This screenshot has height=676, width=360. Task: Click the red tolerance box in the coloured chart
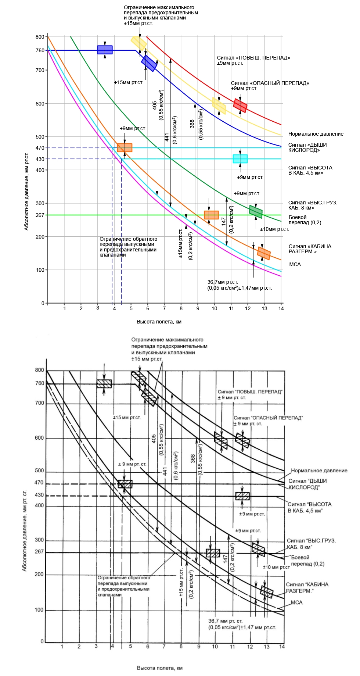(x=240, y=105)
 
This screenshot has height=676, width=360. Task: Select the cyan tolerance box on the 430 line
(x=240, y=159)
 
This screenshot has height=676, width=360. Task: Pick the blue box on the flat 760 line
(x=105, y=50)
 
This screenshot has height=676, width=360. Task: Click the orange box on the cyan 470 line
(x=125, y=148)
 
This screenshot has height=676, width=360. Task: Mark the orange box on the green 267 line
(x=211, y=215)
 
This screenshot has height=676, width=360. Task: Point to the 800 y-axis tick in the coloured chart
(x=40, y=37)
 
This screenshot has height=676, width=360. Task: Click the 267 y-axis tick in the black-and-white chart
(x=39, y=551)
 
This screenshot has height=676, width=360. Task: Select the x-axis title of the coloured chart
(x=159, y=322)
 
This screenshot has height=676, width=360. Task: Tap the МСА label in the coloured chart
(x=295, y=264)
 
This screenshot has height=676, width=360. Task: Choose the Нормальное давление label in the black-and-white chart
(x=319, y=471)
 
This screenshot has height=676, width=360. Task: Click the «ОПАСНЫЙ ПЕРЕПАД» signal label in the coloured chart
(x=270, y=83)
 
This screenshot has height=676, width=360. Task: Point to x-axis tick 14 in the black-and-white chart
(x=282, y=646)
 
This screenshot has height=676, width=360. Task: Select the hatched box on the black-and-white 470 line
(x=125, y=484)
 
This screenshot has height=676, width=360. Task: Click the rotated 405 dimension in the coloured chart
(x=155, y=105)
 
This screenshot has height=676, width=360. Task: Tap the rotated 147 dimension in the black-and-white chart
(x=225, y=559)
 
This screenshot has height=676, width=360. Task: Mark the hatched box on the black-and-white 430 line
(x=242, y=496)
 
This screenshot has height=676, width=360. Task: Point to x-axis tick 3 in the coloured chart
(x=98, y=308)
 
